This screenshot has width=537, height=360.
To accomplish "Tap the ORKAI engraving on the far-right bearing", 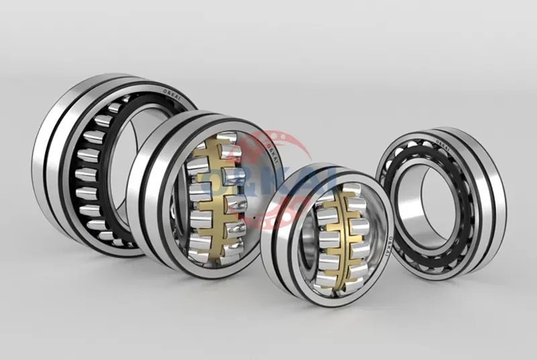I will [x=443, y=143].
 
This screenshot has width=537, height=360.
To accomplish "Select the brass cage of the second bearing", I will [x=214, y=194].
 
